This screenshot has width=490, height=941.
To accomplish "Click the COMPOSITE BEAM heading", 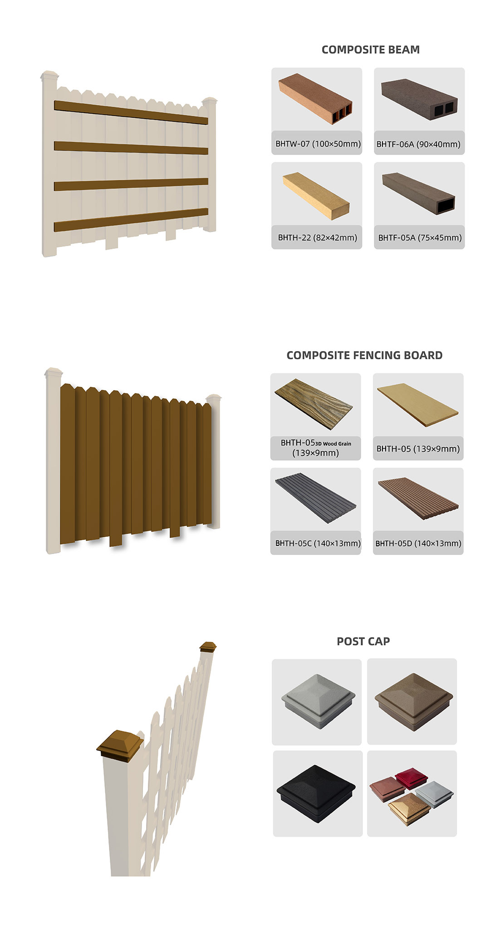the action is (370, 50).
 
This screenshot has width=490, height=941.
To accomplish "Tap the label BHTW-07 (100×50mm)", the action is (318, 144).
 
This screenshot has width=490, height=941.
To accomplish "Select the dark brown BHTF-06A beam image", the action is (419, 99).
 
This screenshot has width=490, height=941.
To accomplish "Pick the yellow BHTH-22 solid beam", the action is (316, 196).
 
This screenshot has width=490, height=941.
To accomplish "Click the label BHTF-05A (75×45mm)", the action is (420, 238).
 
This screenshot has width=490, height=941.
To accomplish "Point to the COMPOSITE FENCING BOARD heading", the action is (364, 355).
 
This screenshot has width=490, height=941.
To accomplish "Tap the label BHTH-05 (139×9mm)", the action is (418, 449).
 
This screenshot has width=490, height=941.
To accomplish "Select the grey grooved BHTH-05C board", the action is (315, 498).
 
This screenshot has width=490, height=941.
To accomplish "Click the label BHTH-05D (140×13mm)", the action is (418, 543).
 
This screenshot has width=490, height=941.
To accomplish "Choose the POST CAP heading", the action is (363, 641).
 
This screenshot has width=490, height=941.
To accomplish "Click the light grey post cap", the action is (318, 701).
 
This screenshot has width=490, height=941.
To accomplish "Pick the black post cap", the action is (316, 794).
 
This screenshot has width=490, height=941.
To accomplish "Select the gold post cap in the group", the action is (409, 809).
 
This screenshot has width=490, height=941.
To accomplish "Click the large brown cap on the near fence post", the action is (120, 745).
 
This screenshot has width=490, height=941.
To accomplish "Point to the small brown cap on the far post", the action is (208, 647).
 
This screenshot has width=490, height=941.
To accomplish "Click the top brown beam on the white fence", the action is (131, 112).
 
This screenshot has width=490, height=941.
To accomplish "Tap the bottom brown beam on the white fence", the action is (131, 220).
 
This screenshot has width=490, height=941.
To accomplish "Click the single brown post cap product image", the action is (413, 702).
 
